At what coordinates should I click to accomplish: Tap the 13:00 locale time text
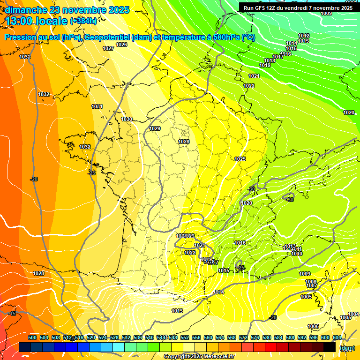tap(36, 21)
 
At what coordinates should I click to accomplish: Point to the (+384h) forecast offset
tap(83, 21)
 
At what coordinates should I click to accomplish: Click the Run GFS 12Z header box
tap(298, 7)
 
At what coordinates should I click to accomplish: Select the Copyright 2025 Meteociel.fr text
tap(199, 357)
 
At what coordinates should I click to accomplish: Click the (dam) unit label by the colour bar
tap(347, 348)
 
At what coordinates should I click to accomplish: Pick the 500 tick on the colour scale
tap(32, 337)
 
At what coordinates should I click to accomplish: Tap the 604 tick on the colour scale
tap(337, 337)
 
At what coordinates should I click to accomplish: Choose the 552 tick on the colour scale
tap(185, 337)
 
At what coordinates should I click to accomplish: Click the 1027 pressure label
tap(108, 48)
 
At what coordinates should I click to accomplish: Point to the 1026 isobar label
tap(121, 45)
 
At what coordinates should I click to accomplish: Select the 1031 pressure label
tap(97, 106)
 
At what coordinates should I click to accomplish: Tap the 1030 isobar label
tap(127, 119)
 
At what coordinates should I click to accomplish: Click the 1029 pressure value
tap(155, 128)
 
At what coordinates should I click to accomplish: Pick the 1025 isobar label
tap(240, 159)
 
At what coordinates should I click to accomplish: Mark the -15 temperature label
tap(12, 314)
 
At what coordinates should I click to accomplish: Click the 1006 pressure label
tap(313, 326)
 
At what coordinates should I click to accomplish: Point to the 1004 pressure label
tap(353, 314)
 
